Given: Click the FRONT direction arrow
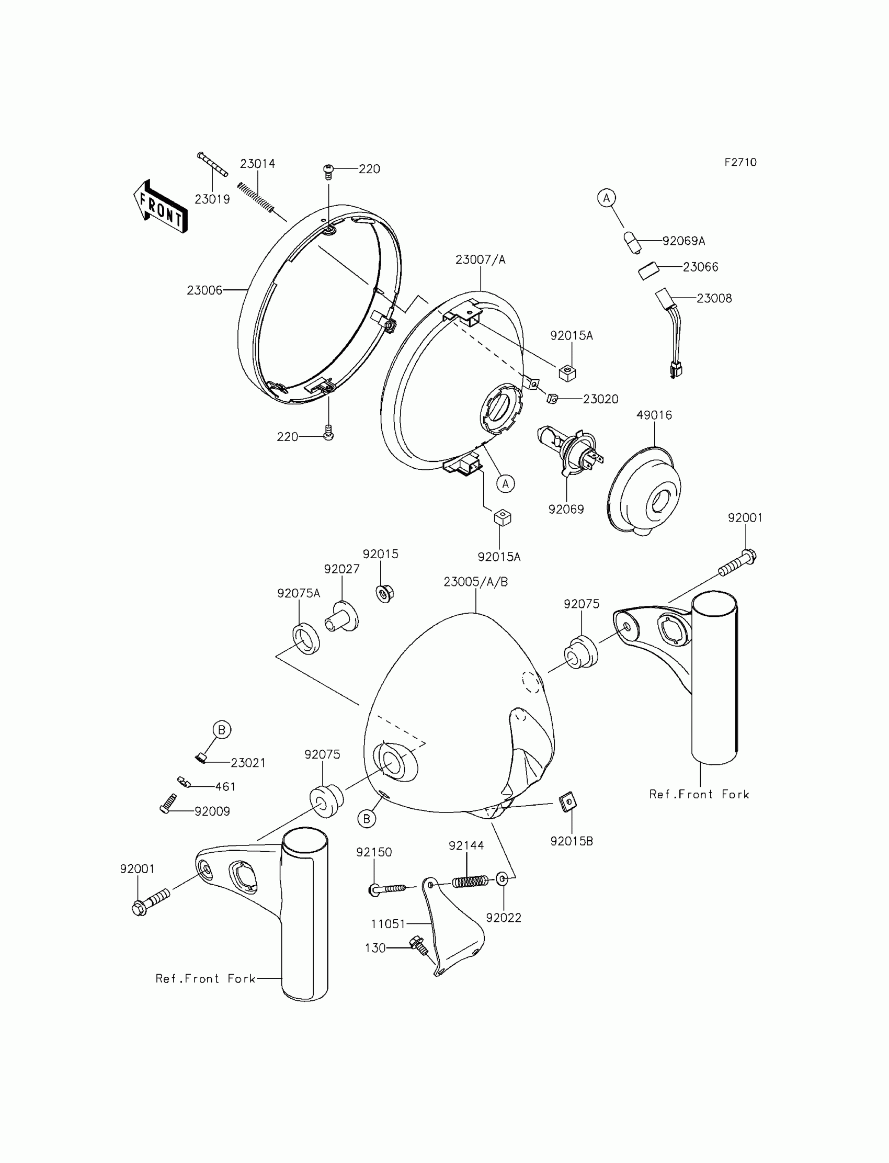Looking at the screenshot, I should (160, 207).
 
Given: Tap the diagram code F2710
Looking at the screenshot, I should (740, 163).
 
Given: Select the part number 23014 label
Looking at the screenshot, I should (258, 164).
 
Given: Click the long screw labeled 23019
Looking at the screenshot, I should (212, 164).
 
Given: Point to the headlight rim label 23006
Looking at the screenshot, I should (204, 290).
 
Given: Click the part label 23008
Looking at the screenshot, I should (714, 299).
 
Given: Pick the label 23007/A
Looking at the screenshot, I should (481, 260).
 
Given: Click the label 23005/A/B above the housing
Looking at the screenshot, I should (476, 582).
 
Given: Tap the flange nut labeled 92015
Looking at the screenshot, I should (384, 593).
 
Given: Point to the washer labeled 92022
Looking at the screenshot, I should (502, 879).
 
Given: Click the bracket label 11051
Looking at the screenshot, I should (388, 924).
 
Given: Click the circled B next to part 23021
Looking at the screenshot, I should (222, 730).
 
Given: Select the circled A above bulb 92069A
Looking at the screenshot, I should (607, 198).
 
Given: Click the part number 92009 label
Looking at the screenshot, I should (212, 811).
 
